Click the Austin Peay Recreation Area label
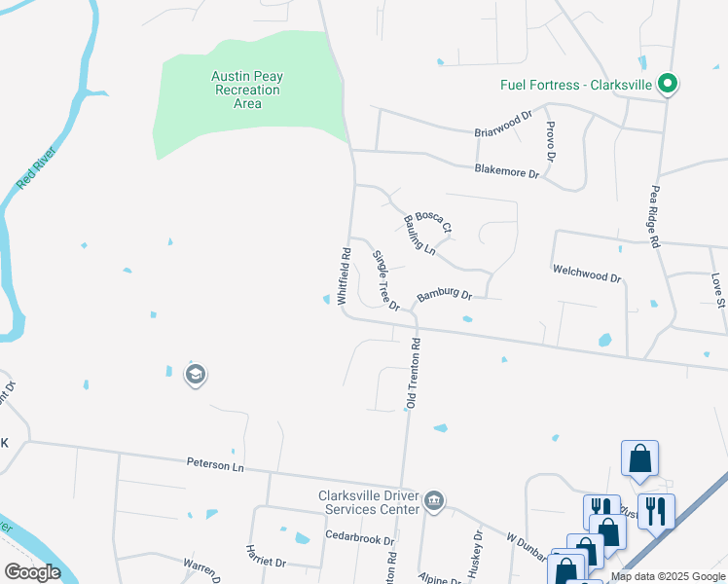coord(247,90)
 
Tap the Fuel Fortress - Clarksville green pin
coord(668,84)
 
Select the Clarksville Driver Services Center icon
coord(434,502)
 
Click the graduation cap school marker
coord(195,375)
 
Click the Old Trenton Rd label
coord(414,373)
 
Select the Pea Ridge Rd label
coord(654,217)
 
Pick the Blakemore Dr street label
coord(506,172)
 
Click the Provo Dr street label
coord(551,141)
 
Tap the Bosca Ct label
coord(433,222)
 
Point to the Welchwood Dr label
coord(586,277)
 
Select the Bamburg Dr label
coord(444,295)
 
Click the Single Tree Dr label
coord(386,280)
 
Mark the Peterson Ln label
coord(215,466)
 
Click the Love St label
coord(717,290)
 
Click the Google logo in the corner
coord(31,572)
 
